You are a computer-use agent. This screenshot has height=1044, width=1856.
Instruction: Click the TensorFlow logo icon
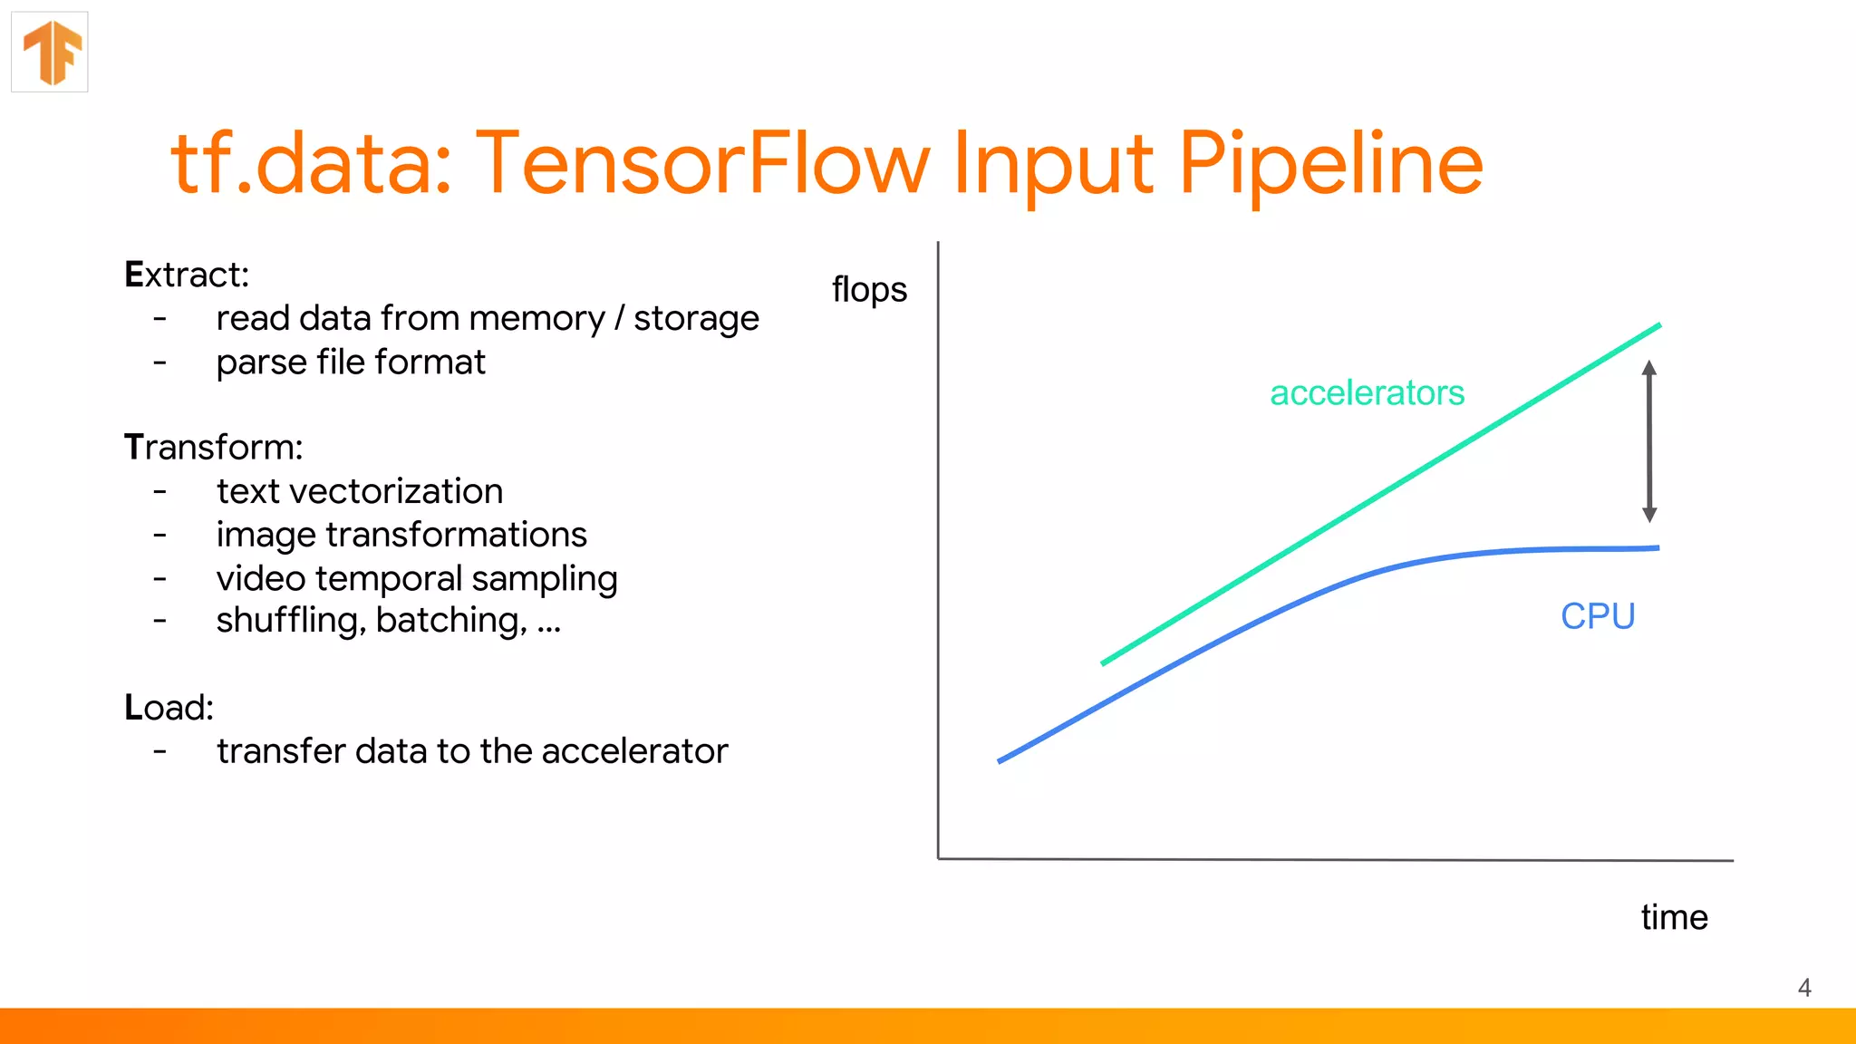(x=51, y=53)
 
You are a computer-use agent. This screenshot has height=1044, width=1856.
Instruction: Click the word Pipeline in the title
(x=1329, y=164)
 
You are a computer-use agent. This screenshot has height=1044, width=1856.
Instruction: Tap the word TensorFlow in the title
(x=702, y=164)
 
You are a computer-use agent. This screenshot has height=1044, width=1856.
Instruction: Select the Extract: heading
(x=187, y=275)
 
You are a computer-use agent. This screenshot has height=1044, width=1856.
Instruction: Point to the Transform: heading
(x=214, y=448)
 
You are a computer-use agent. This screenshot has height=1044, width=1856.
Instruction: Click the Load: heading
(x=169, y=708)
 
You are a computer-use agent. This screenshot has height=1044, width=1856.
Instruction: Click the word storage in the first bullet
(x=696, y=319)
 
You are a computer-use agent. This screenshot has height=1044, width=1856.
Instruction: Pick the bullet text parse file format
(x=351, y=362)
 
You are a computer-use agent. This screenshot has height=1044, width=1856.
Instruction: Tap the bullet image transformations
(x=401, y=535)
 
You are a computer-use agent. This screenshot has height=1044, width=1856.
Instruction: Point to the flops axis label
(x=869, y=290)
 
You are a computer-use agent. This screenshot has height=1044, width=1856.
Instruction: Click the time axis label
(x=1674, y=917)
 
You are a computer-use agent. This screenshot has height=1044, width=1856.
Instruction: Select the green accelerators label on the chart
(x=1367, y=393)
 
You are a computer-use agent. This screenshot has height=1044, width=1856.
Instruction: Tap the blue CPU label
(x=1598, y=616)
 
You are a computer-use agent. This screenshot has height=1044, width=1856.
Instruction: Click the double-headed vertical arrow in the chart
(x=1649, y=441)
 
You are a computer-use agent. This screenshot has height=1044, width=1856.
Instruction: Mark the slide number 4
(x=1804, y=988)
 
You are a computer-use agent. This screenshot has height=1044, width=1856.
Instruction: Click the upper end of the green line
(x=1658, y=325)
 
